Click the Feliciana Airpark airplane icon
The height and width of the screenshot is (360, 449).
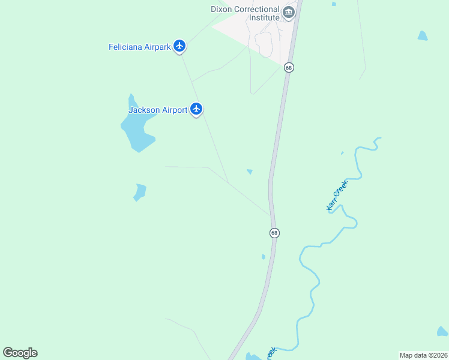tap(179, 46)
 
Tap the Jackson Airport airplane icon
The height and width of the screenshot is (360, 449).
tap(196, 109)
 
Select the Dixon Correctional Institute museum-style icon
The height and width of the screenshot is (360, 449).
tap(289, 13)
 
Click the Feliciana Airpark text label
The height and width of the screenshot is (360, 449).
tap(140, 46)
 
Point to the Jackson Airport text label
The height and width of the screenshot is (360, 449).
tap(158, 110)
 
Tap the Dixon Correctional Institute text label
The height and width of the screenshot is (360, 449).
tap(245, 13)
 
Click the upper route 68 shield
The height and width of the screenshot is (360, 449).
tap(289, 67)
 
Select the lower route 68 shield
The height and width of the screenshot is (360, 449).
tap(274, 233)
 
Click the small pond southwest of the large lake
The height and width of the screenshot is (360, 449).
tap(140, 192)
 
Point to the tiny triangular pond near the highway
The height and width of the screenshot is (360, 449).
tap(250, 172)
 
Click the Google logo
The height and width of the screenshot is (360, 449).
tap(20, 353)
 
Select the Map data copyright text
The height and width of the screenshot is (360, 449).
tap(423, 355)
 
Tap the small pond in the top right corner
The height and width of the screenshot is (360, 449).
tap(423, 35)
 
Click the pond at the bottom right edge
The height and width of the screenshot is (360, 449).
tap(442, 331)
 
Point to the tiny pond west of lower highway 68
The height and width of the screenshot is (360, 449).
tap(263, 257)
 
